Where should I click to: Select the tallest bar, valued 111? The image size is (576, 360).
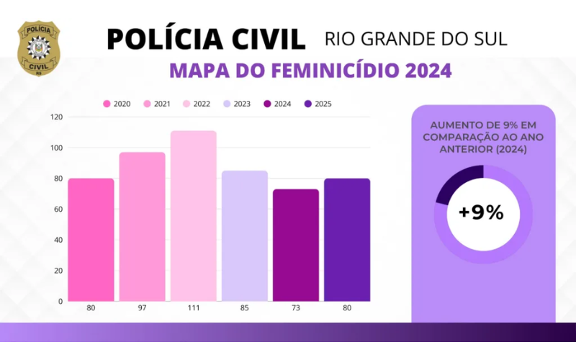tap(193, 215)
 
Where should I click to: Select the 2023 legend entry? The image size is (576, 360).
tap(235, 104)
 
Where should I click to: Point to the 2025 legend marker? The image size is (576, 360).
tap(309, 104)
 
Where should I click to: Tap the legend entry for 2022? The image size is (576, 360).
tap(196, 104)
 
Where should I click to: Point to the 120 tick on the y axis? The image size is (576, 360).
tap(57, 117)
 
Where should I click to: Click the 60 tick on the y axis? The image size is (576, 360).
tap(58, 209)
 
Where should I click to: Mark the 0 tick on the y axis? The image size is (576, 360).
tap(60, 301)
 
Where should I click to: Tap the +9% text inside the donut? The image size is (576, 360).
tap(481, 213)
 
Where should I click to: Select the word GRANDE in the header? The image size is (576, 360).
tap(407, 38)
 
